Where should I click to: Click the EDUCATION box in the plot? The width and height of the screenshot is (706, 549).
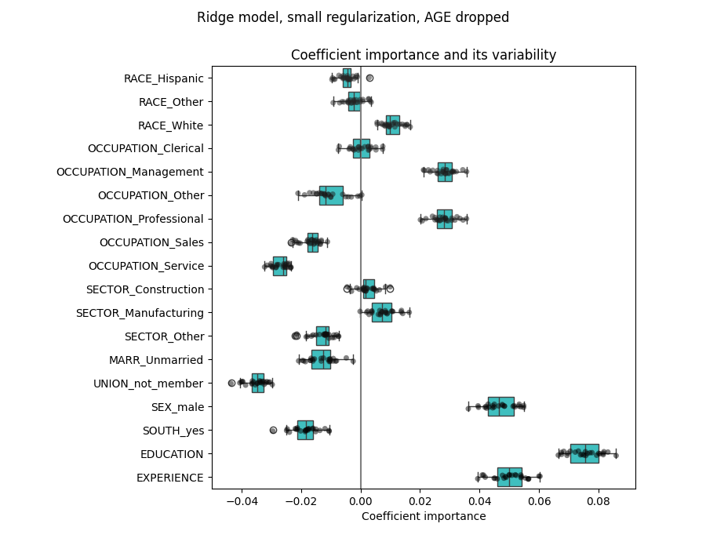point(584,453)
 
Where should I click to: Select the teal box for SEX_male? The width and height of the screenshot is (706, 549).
point(500,406)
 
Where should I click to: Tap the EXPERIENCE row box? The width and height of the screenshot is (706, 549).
point(509,477)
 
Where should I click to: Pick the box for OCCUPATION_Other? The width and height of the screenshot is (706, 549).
point(331,195)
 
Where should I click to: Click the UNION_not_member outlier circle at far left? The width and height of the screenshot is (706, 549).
point(231,383)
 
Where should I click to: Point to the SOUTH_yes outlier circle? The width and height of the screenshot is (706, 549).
point(273,430)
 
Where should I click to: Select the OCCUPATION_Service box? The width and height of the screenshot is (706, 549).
point(279,266)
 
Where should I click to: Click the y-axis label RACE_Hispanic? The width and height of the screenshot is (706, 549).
point(163,78)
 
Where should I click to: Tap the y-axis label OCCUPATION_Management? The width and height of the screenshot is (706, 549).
point(129,172)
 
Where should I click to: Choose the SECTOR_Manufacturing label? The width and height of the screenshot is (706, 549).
point(140,313)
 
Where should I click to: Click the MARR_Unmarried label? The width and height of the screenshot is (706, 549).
point(156,360)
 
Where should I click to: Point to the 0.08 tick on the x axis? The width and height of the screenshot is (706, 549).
point(599,499)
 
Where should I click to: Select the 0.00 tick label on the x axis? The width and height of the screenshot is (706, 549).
point(361,499)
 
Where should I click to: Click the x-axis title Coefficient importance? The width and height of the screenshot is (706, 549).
point(424,516)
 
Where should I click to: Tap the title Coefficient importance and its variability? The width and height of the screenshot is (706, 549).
point(424,55)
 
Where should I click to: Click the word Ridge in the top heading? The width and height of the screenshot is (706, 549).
point(213,17)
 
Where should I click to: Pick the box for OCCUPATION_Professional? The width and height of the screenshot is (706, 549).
point(444,219)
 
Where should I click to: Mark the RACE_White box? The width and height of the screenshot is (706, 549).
point(392,125)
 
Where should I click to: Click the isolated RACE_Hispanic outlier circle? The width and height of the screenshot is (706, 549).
point(369,78)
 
